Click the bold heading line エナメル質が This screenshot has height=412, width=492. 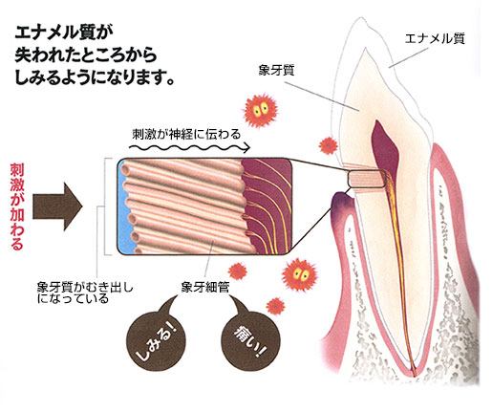(x=64, y=33)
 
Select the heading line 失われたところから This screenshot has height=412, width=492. (x=86, y=55)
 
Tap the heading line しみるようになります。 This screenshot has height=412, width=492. (x=95, y=77)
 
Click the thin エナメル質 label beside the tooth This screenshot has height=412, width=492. (x=435, y=39)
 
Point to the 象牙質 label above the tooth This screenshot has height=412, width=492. (x=276, y=71)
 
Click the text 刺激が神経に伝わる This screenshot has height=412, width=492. (x=186, y=134)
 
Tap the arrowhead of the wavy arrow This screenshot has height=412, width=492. (x=246, y=147)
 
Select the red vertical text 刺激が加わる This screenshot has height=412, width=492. (x=17, y=206)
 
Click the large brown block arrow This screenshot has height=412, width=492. (x=57, y=206)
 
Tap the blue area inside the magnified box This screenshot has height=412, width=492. (x=124, y=208)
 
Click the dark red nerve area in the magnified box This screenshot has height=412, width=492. (x=267, y=206)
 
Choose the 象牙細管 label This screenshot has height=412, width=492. (x=204, y=288)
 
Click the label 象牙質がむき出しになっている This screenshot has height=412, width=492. (x=85, y=293)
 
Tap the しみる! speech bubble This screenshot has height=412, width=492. (x=156, y=341)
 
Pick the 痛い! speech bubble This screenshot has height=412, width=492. (x=250, y=341)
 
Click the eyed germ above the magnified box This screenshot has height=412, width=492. (x=261, y=110)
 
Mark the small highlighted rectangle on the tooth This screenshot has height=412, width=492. (x=366, y=179)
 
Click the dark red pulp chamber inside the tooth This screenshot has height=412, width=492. (x=385, y=147)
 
